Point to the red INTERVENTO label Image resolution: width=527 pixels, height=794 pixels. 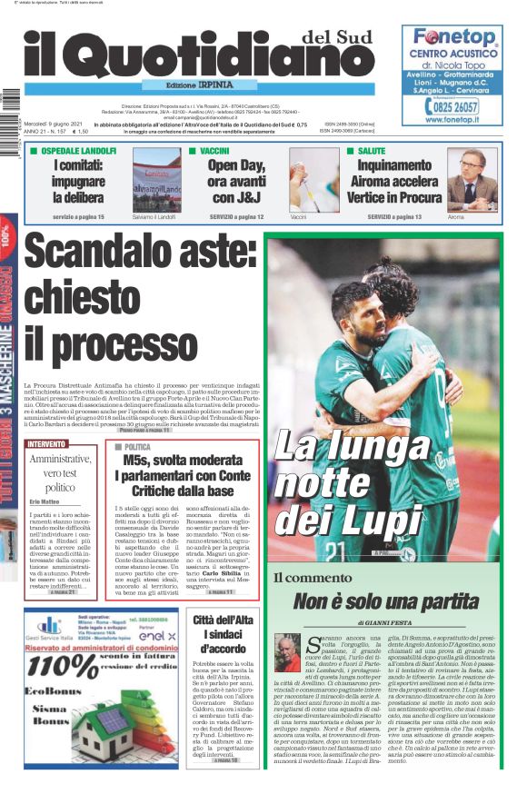[47, 444]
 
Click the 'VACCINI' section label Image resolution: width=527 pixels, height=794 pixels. [214, 151]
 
